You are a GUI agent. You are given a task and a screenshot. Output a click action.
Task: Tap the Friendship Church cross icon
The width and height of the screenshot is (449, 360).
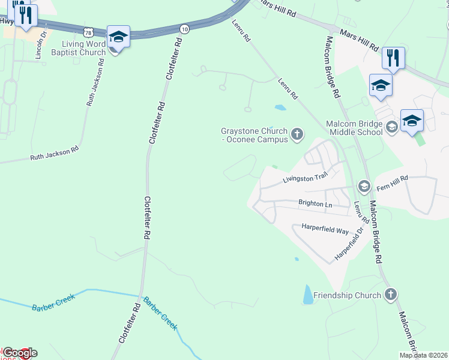point(391,294)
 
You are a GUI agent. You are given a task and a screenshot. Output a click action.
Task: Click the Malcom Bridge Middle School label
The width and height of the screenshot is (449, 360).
point(354,127)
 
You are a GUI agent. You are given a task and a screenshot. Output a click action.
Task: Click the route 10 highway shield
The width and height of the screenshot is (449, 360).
point(184,28)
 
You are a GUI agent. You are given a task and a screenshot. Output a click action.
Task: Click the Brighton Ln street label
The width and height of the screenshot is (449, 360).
point(315,204)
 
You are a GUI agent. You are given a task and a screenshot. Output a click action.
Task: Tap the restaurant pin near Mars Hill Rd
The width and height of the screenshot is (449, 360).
point(393,58)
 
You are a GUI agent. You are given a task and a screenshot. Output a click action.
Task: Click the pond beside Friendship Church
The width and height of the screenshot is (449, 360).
point(308,294)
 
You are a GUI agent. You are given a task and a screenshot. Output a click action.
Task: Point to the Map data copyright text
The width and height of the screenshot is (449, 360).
point(423,355)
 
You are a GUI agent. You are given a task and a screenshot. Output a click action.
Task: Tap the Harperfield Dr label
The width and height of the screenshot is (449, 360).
point(350,243)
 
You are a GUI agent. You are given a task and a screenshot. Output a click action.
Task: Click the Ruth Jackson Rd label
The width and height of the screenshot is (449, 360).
point(54,155)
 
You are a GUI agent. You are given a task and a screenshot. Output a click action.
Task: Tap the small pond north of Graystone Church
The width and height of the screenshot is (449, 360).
point(280,109)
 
